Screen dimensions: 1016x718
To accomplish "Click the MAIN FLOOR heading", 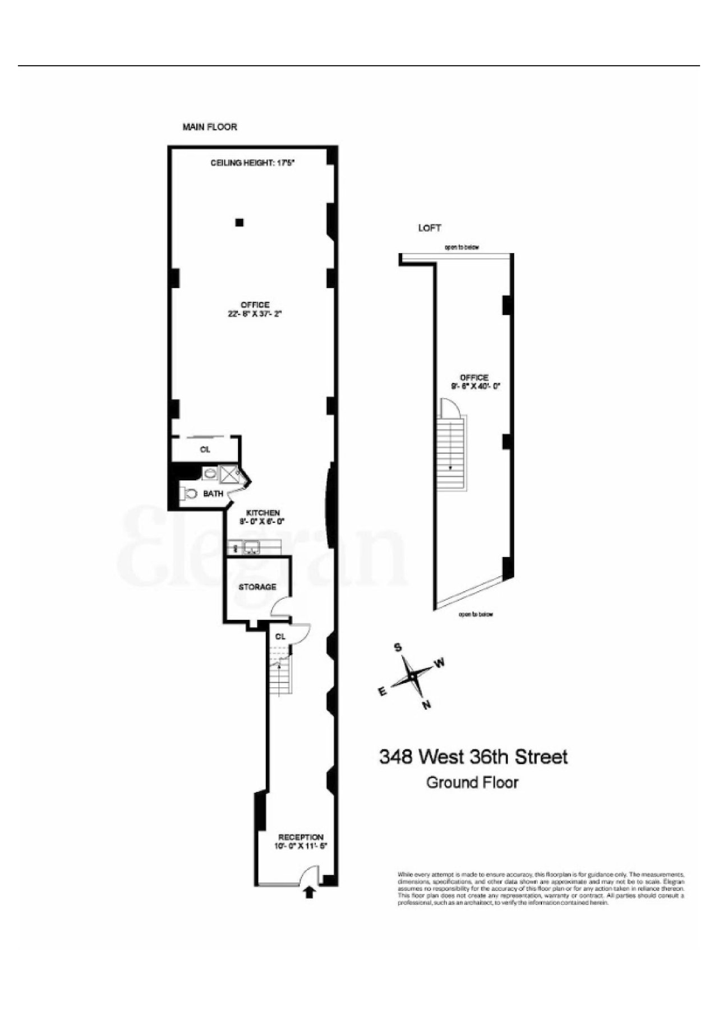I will click(210, 127).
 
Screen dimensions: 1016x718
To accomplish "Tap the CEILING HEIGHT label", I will click(252, 163).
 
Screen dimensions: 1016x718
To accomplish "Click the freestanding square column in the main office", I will click(240, 222).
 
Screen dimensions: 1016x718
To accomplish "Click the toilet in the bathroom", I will click(190, 494).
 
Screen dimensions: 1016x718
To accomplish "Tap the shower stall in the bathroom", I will click(228, 475).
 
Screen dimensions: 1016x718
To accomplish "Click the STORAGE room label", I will click(257, 587).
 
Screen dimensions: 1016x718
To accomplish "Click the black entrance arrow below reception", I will click(309, 892).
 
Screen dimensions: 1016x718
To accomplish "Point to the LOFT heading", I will click(429, 228).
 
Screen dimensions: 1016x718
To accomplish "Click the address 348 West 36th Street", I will click(473, 757).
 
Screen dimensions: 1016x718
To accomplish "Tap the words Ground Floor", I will click(472, 782).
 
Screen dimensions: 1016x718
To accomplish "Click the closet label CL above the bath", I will click(205, 449).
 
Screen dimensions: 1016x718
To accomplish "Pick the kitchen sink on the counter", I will click(251, 546).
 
